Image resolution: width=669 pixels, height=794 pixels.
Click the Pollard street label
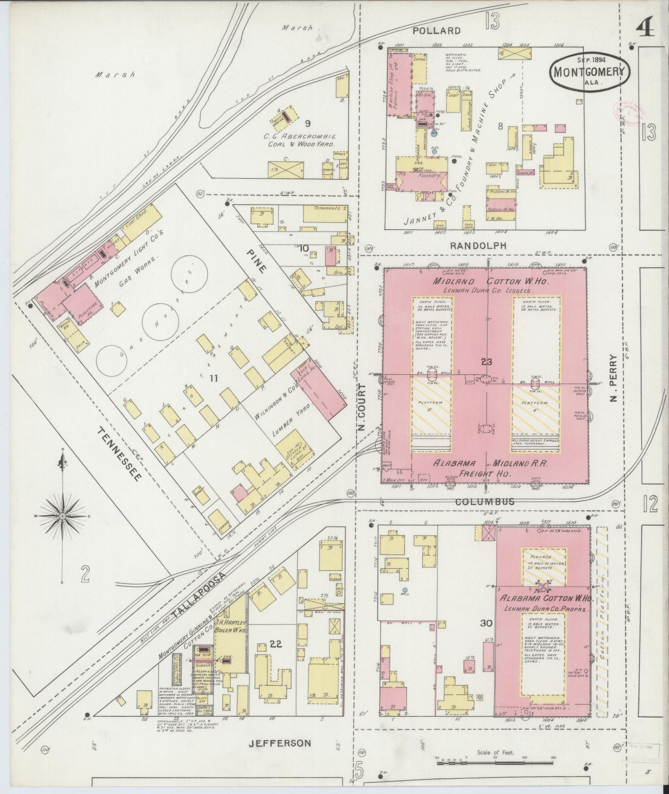437,31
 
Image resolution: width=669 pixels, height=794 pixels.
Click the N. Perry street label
614,384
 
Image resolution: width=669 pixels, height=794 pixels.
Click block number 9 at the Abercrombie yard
307,124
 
